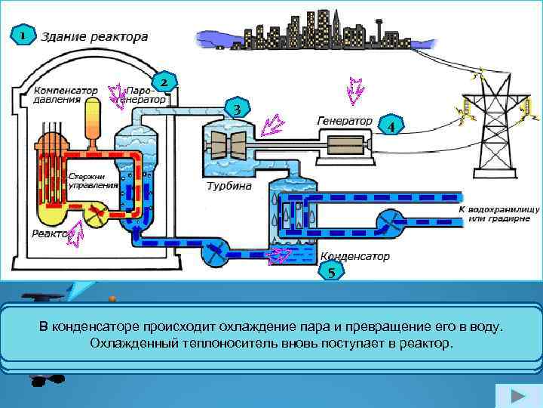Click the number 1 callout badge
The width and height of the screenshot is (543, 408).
(23, 36)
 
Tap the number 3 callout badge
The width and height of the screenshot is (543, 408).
(237, 109)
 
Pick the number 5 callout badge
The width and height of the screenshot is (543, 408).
(332, 271)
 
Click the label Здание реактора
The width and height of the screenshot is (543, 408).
(94, 36)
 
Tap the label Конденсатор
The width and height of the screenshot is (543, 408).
(355, 256)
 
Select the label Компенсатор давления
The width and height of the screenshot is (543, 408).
(64, 94)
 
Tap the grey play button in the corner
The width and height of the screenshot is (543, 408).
(517, 397)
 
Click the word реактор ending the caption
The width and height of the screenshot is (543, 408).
(431, 344)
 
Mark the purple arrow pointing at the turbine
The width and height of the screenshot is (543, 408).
(268, 125)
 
